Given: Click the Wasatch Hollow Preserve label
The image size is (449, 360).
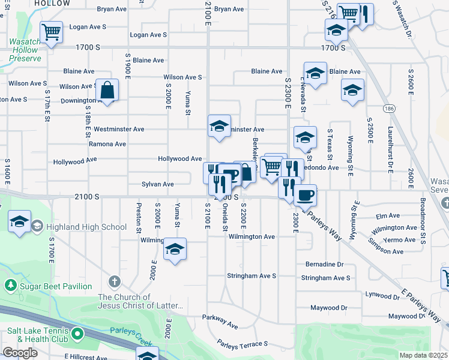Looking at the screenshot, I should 25,50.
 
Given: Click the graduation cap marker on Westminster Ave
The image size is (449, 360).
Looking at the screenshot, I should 219,126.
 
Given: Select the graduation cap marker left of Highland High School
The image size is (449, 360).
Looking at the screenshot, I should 20,221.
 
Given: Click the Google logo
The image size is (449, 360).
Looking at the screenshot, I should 19,353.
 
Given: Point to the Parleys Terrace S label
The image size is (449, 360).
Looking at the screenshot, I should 243,344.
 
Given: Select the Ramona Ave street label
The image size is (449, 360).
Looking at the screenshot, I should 107,144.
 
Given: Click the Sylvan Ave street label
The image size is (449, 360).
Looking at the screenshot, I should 158,184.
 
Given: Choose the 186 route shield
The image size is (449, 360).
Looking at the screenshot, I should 390,108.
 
